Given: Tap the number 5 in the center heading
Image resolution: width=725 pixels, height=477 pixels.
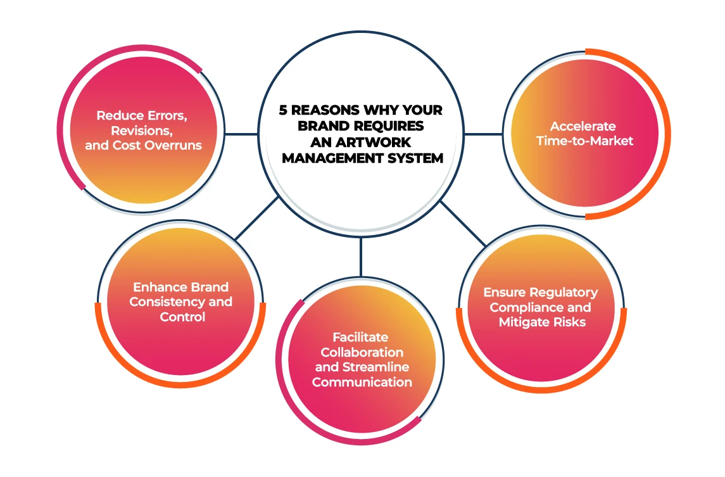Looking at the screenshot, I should pyautogui.click(x=284, y=110).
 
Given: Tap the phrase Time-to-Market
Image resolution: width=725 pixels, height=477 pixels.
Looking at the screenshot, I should pyautogui.click(x=584, y=141).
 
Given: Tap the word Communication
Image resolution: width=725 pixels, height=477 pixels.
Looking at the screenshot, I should pyautogui.click(x=362, y=382).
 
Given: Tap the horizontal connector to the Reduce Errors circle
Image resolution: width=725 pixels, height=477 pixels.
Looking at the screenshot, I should pyautogui.click(x=241, y=134).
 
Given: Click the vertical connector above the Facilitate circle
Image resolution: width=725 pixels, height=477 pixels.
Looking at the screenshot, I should pyautogui.click(x=362, y=257).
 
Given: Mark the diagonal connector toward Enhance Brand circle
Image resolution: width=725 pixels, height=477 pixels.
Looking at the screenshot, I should pyautogui.click(x=256, y=218).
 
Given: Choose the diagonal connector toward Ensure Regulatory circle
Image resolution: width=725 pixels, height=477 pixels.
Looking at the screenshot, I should pyautogui.click(x=463, y=224).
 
